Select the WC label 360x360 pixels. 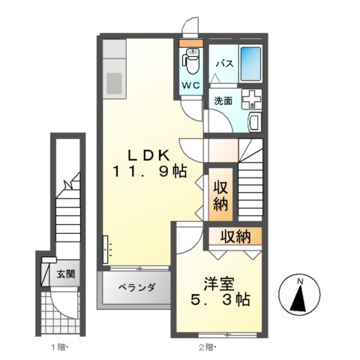[190, 84]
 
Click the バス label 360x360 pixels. [222, 64]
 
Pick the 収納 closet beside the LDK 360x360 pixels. [219, 194]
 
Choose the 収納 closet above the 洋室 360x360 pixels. [235, 237]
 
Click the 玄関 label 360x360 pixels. [65, 274]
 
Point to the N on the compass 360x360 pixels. [299, 281]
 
